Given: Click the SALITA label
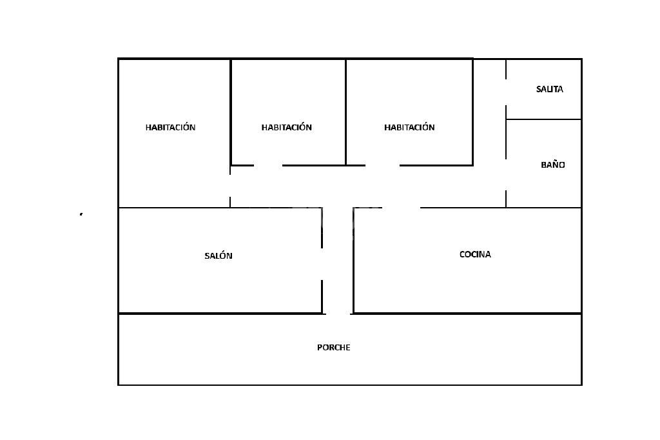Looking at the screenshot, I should click(549, 89).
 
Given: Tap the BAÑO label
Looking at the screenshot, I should click(552, 165).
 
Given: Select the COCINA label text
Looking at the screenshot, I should click(475, 254).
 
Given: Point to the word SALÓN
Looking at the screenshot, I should click(218, 255).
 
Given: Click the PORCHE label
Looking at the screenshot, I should click(333, 347).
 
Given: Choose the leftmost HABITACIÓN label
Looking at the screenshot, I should click(170, 127).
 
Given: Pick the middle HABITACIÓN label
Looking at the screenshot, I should click(286, 127).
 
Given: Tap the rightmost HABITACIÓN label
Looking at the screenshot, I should click(409, 127).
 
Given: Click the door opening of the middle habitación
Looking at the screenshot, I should click(268, 165).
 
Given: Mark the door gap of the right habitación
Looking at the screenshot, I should click(382, 165).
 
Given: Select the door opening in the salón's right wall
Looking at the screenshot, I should click(322, 264).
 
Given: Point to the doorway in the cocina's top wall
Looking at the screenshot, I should click(401, 208).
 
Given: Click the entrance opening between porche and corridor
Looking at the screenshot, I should click(338, 314).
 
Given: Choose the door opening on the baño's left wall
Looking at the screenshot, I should click(506, 174).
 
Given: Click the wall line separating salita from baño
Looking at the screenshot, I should click(543, 119).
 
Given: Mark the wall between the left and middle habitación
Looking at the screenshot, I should click(231, 110).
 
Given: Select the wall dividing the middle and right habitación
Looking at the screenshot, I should click(346, 110).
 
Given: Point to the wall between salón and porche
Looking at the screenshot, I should click(219, 314).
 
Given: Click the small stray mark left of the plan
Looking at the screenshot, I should click(81, 214).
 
